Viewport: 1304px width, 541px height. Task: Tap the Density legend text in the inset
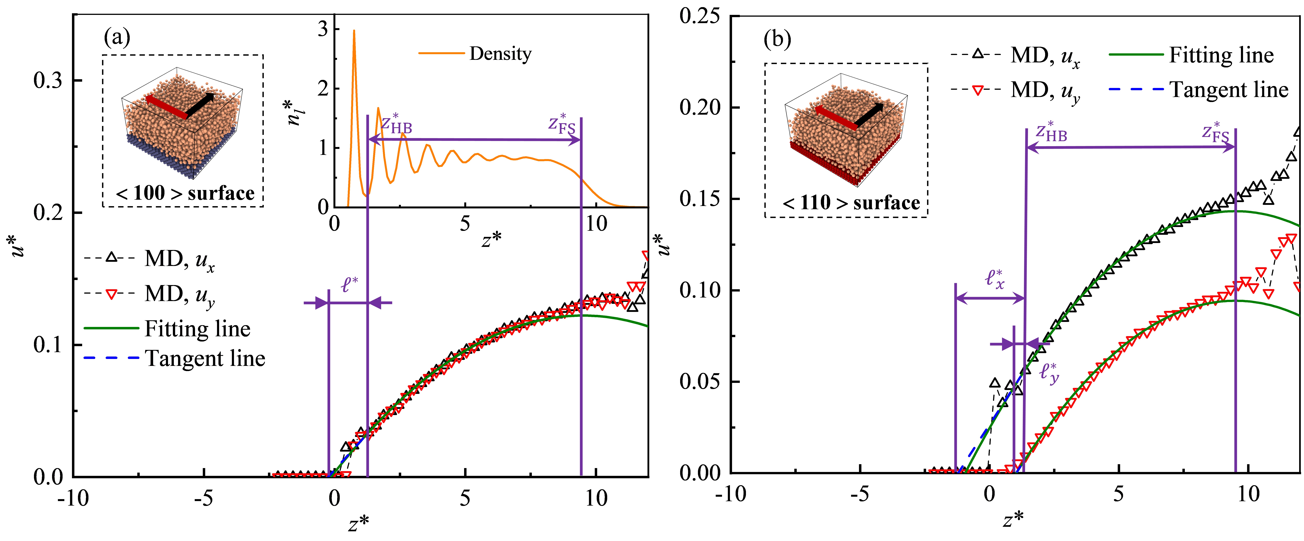[x=500, y=54]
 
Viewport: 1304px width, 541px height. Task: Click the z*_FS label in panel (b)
[x=1215, y=133]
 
